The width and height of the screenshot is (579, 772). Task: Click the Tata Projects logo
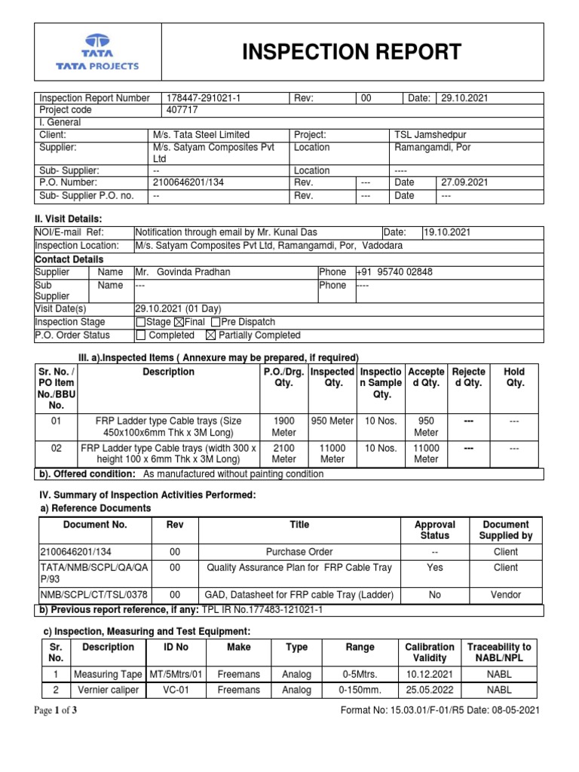(96, 52)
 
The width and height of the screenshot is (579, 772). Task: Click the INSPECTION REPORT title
(351, 51)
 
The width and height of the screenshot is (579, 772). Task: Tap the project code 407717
(180, 110)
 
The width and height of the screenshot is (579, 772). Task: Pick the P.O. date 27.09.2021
(464, 182)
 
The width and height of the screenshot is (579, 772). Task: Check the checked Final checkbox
(179, 323)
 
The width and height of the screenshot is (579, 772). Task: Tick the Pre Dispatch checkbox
(216, 323)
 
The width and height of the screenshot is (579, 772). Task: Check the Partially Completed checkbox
(210, 335)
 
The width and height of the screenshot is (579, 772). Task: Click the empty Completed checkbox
(140, 335)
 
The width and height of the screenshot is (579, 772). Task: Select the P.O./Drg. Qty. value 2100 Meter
(283, 453)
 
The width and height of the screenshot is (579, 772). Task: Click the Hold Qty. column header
(514, 377)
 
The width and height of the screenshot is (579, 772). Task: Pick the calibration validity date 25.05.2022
(430, 690)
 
